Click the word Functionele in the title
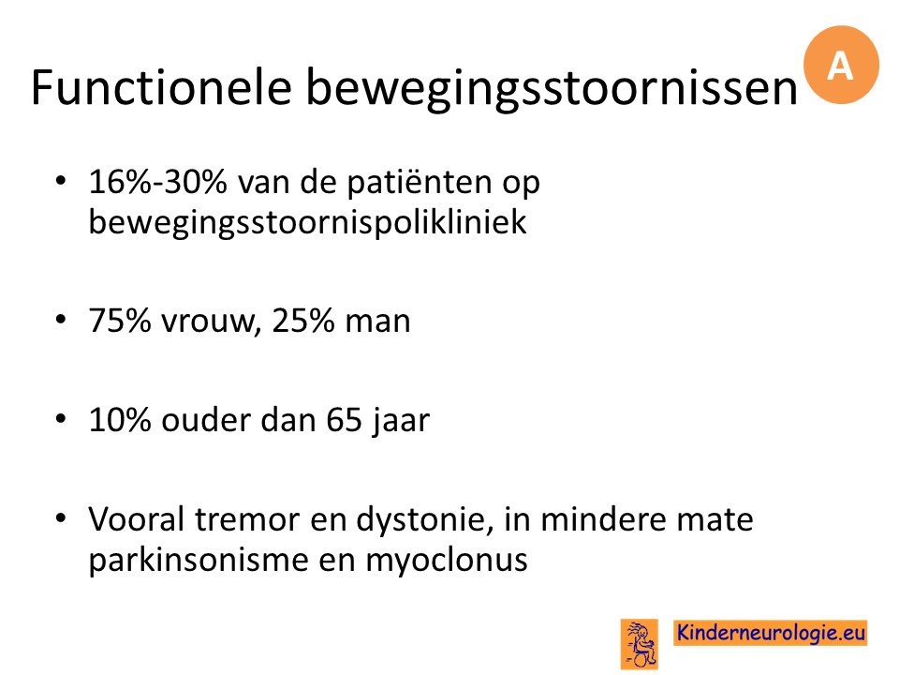[x=161, y=87]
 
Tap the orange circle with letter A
[x=841, y=65]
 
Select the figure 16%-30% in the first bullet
[x=158, y=182]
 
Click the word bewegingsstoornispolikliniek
[x=307, y=223]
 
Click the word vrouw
[x=208, y=322]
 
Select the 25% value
[x=302, y=321]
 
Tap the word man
[x=377, y=322]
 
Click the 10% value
[x=119, y=420]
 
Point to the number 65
[x=344, y=420]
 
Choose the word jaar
[x=400, y=422]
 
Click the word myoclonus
[x=446, y=561]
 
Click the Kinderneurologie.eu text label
[x=770, y=633]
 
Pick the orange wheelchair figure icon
[x=640, y=644]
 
